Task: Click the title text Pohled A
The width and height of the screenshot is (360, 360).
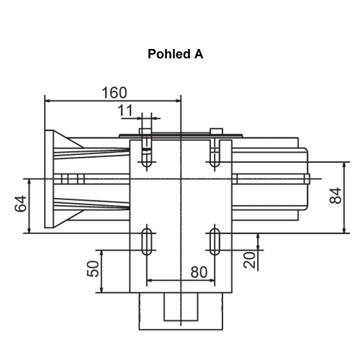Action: click(176, 54)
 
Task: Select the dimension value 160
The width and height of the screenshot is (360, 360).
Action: click(114, 93)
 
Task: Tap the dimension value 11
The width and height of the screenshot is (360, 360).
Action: click(125, 110)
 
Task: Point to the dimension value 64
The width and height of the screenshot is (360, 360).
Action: click(21, 204)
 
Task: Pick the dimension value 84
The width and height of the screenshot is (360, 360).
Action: click(336, 196)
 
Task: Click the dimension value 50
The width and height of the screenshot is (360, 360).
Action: click(93, 269)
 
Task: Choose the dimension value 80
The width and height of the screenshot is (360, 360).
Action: click(199, 272)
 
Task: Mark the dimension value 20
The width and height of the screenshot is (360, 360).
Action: click(250, 260)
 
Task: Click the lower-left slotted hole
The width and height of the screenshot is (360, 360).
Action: click(147, 241)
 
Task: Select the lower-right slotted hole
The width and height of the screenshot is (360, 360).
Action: click(215, 241)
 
